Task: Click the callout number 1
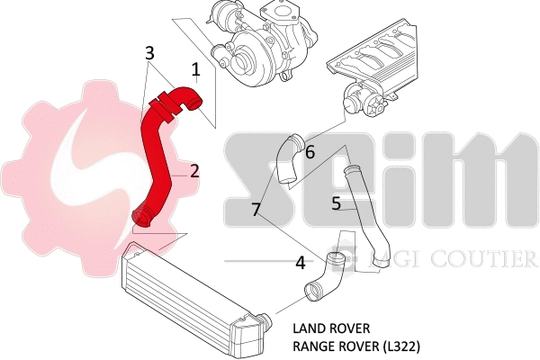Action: click(x=195, y=67)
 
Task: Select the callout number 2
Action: click(x=193, y=170)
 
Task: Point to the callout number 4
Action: click(x=301, y=264)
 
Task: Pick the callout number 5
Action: click(x=336, y=204)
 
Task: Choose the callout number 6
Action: click(x=310, y=152)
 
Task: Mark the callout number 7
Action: click(x=256, y=210)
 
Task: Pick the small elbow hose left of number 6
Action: click(x=288, y=158)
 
